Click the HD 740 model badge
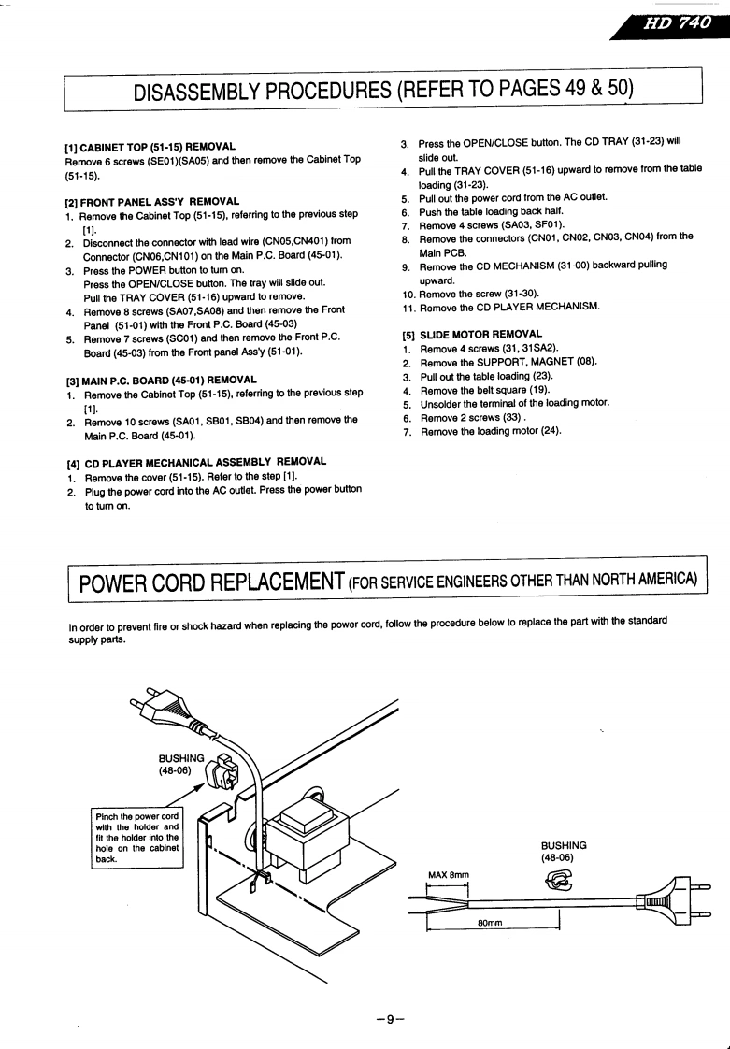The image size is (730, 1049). pos(675,24)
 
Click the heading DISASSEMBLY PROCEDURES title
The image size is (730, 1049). pos(383,91)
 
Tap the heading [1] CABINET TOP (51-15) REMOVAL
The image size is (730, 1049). pos(150,147)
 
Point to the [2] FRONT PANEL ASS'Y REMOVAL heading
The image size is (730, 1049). pos(152,201)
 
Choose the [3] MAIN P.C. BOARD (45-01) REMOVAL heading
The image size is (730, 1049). pos(161,380)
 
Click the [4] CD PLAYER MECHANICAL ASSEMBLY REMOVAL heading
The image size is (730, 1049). pos(196,462)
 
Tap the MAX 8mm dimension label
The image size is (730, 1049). pos(448,875)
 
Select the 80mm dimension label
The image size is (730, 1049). pos(490,923)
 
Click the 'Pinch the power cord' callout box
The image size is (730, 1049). pos(136,839)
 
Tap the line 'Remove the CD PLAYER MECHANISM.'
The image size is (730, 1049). pos(509,307)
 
